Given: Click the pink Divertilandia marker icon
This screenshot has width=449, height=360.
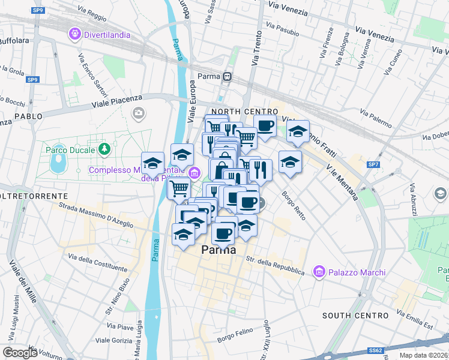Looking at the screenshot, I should [x=75, y=34].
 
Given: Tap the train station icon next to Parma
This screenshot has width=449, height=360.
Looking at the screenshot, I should [x=227, y=77].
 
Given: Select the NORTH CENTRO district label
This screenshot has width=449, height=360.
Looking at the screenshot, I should [x=244, y=112].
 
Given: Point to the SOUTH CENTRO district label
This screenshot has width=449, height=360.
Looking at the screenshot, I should [x=355, y=315].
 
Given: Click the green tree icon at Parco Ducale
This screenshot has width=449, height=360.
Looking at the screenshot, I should [x=105, y=148].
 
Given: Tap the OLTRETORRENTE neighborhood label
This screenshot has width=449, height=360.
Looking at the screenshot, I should [x=33, y=196].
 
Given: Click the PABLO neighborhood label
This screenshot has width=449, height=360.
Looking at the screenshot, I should [x=28, y=116].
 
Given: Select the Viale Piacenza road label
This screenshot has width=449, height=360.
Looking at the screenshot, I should [x=117, y=101].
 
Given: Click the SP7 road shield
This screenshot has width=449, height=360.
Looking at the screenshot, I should [x=373, y=164].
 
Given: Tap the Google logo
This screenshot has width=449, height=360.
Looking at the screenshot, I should [x=20, y=352].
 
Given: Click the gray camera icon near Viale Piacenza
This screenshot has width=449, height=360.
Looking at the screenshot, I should [x=139, y=113].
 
